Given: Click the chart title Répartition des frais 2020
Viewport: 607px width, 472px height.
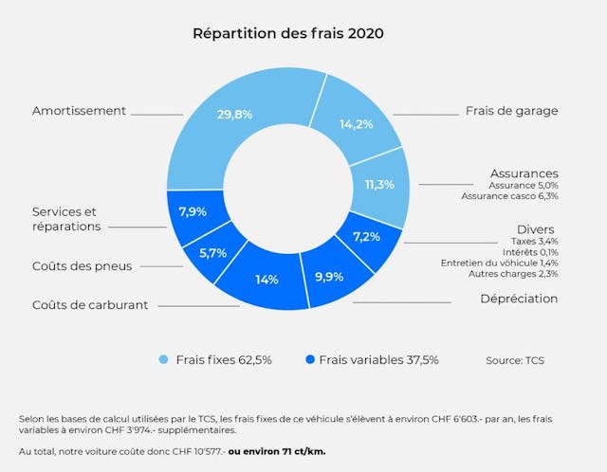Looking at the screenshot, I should (287, 33).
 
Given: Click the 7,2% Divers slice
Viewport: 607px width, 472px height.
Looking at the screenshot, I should (367, 237).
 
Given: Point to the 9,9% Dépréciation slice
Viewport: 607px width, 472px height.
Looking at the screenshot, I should (329, 276).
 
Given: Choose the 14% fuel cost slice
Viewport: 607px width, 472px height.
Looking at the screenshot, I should (267, 281).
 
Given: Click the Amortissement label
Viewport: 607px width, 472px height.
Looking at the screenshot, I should (79, 111).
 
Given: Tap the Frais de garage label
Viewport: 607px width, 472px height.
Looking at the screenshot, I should (511, 111).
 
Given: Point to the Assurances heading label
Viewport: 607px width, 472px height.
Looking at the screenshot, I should (524, 173).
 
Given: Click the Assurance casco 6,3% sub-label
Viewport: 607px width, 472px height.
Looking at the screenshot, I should (509, 197).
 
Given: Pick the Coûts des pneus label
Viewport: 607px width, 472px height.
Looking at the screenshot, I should (82, 266).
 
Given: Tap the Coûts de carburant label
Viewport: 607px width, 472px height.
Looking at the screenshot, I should (90, 305).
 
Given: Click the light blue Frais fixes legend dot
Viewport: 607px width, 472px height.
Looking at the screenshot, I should (163, 360).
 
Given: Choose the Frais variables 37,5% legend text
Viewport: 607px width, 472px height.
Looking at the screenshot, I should (378, 360).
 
